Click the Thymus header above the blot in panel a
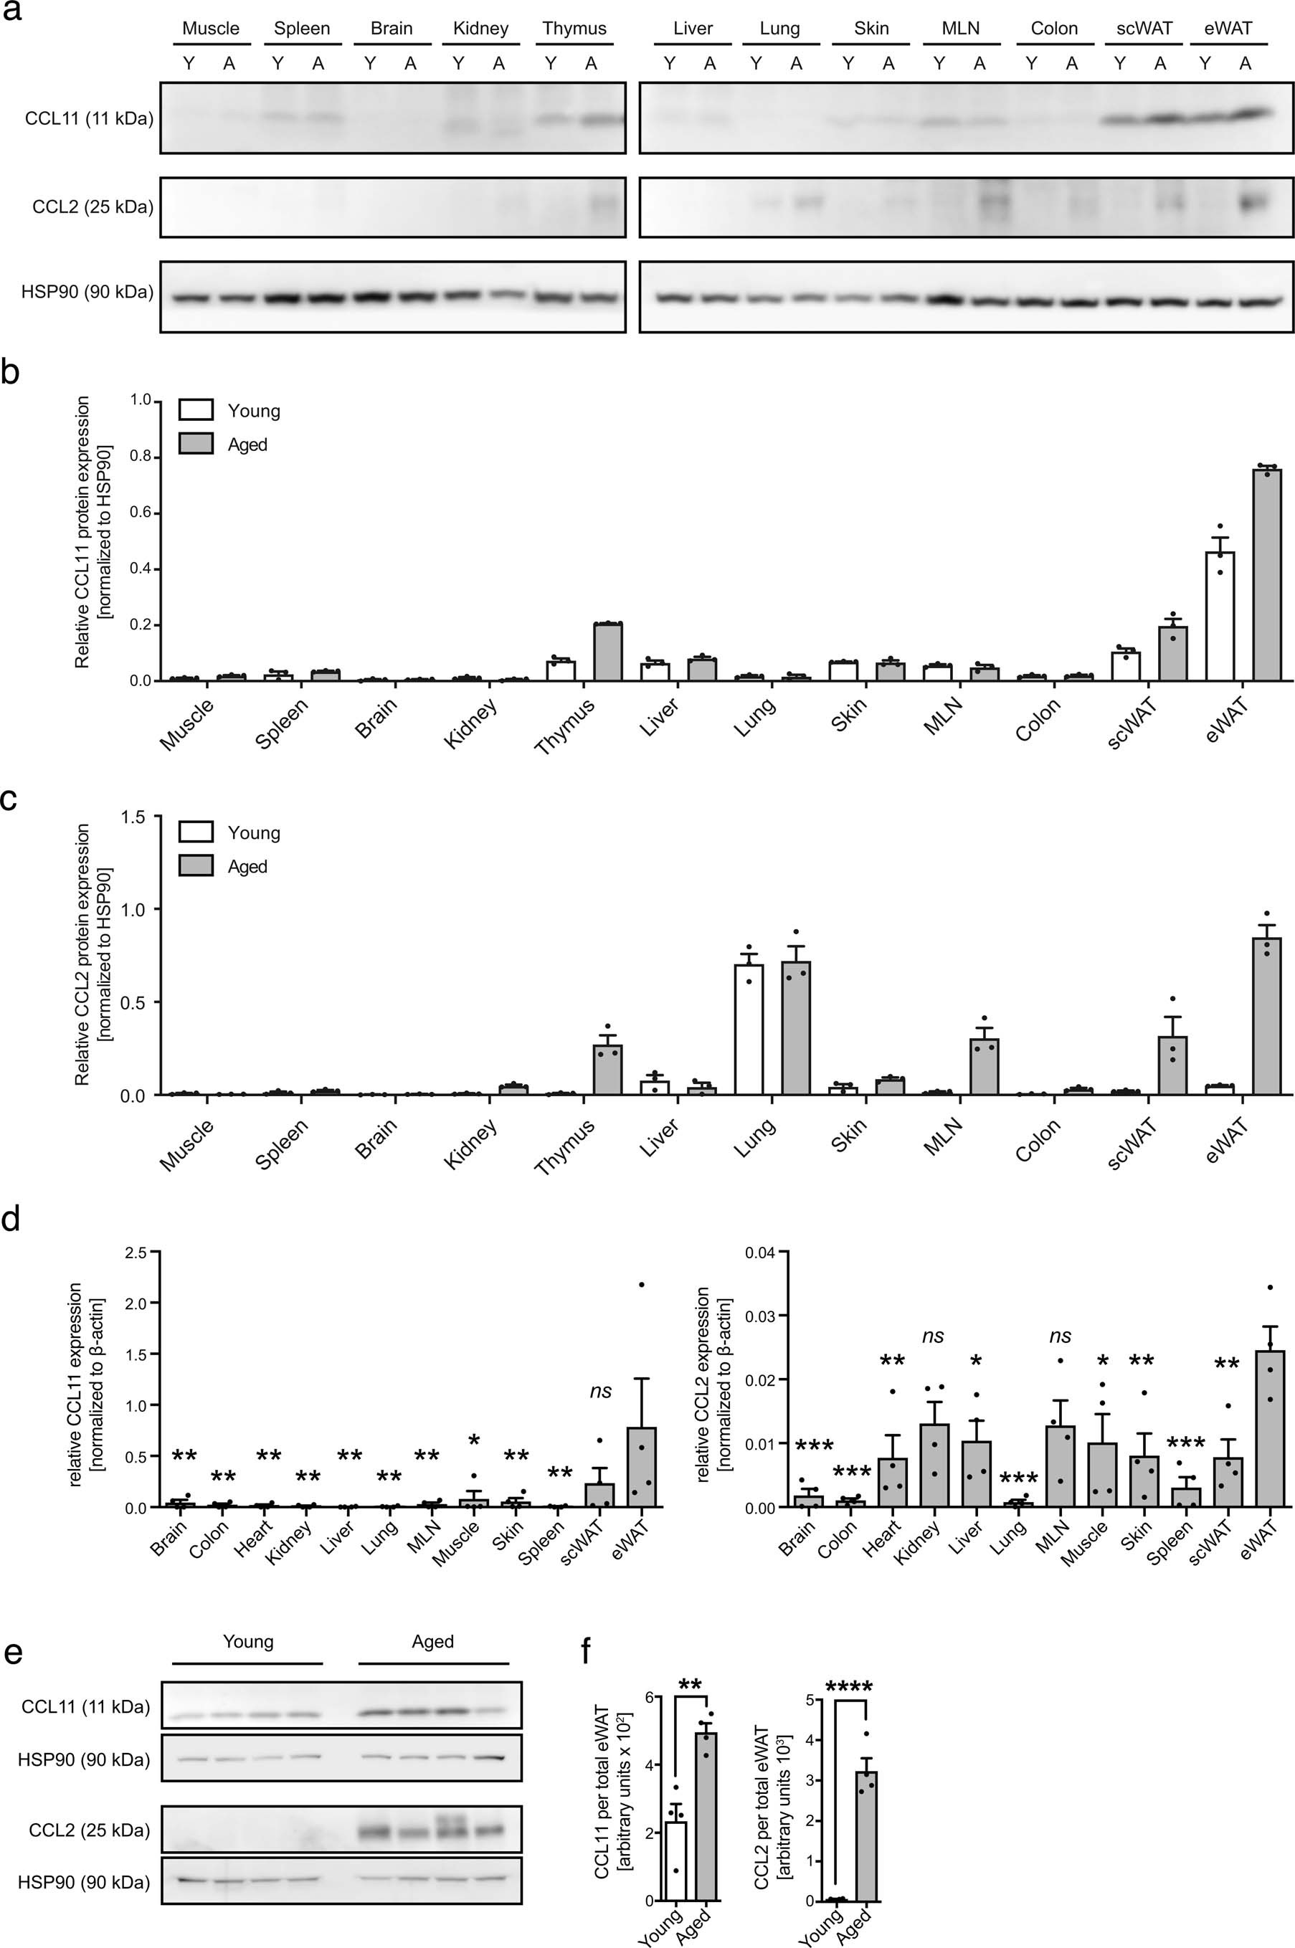click(574, 28)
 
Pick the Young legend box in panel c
click(196, 832)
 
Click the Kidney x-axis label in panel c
click(471, 1144)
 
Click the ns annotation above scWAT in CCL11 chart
click(600, 1392)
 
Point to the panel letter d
click(11, 1219)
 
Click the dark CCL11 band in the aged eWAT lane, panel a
click(1247, 114)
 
